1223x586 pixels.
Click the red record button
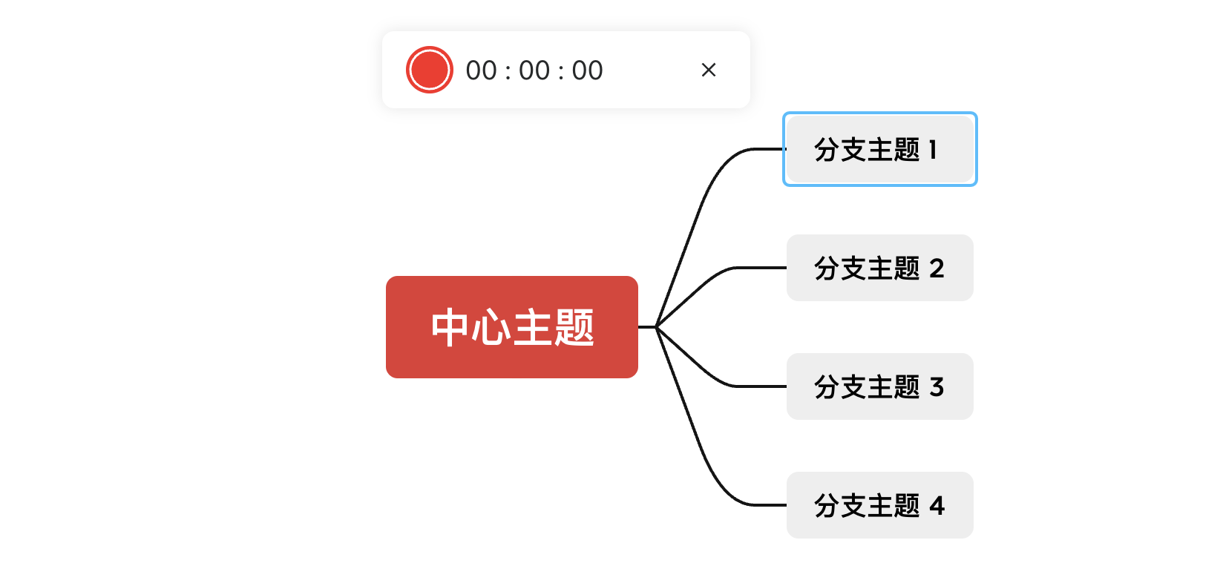(x=429, y=70)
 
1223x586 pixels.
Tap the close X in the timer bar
(x=708, y=70)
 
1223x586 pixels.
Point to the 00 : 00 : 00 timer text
(x=534, y=70)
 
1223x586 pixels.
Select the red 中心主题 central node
(x=511, y=327)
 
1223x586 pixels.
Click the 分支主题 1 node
(x=879, y=149)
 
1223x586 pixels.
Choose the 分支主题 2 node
(x=879, y=268)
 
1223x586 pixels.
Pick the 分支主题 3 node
(x=879, y=386)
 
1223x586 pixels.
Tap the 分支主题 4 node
(x=879, y=505)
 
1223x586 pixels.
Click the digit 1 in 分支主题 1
(x=933, y=150)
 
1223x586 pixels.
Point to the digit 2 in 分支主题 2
(x=937, y=269)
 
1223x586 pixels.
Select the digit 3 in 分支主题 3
(x=937, y=387)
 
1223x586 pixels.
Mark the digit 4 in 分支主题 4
(x=937, y=506)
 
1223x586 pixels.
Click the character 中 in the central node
(x=449, y=327)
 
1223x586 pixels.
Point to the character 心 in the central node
(x=490, y=327)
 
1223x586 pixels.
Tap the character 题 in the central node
(x=574, y=327)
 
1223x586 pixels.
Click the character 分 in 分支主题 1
(x=827, y=150)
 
